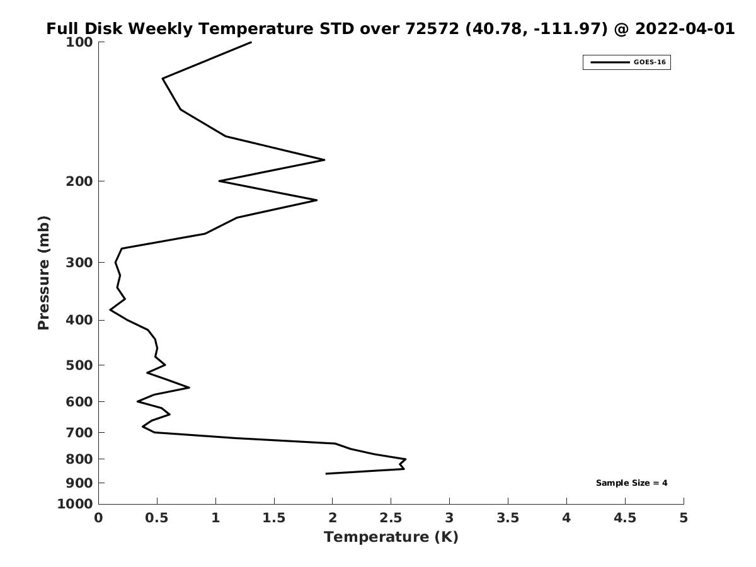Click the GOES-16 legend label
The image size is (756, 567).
coord(650,62)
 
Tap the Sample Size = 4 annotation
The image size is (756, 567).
coord(632,483)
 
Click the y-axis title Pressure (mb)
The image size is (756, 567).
coord(43,273)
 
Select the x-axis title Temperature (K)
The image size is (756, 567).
coord(391,537)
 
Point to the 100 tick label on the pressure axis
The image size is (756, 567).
coord(79,42)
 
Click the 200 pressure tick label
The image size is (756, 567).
coord(79,181)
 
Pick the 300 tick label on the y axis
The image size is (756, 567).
coord(79,263)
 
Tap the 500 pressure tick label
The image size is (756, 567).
coord(79,365)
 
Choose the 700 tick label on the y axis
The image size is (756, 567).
coord(79,432)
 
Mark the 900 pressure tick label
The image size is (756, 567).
coord(79,483)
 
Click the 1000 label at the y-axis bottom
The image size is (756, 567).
coord(75,505)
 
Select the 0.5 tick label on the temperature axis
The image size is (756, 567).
coord(157,518)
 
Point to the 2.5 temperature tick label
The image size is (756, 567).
coord(391,518)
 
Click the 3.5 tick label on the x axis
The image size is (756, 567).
coord(508,518)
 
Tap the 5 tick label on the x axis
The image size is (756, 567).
coord(684,518)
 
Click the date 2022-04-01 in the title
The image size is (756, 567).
coord(685,28)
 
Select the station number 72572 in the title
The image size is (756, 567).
coord(432,28)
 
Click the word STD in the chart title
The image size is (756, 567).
coord(337,28)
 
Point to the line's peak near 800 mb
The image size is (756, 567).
coord(406,459)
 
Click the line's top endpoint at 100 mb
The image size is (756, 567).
coord(251,42)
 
